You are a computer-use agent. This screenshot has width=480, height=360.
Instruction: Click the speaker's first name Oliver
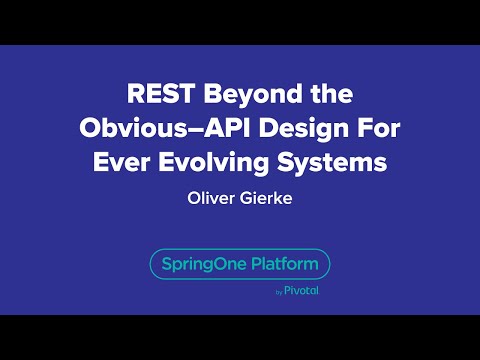coord(211,197)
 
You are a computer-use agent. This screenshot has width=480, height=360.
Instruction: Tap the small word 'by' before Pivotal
coord(277,293)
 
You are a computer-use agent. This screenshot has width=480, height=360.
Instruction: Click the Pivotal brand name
coord(302,292)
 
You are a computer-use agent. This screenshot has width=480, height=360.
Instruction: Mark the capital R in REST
coord(136,95)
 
